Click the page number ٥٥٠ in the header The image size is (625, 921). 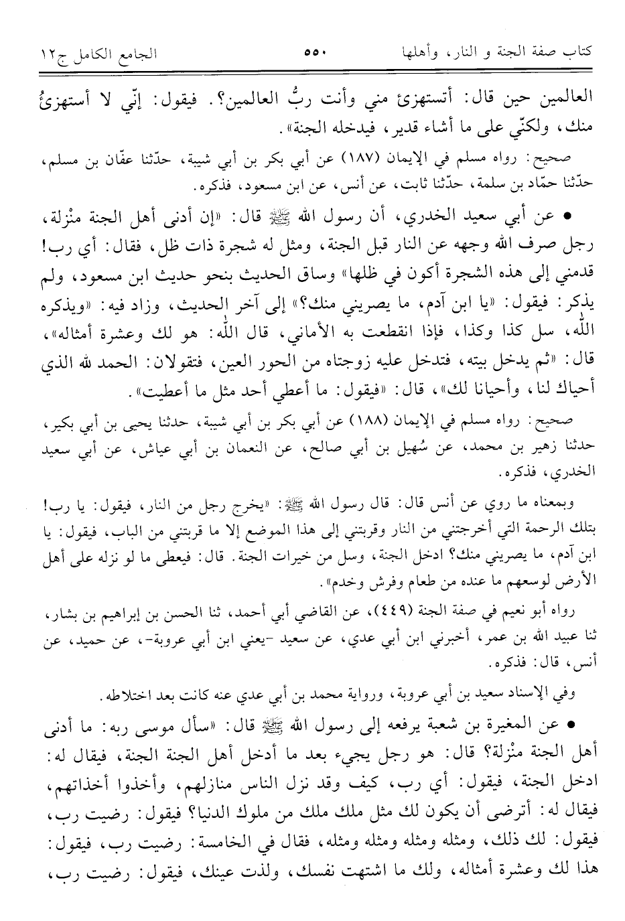312,51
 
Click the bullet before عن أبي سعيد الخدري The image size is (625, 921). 570,219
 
